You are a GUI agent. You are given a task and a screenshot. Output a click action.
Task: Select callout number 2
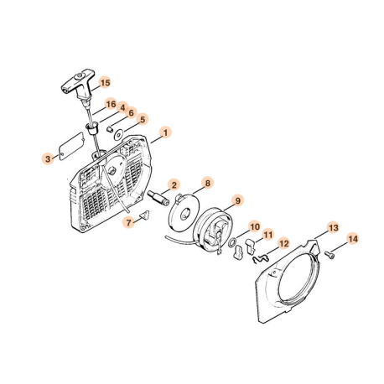[x=174, y=184]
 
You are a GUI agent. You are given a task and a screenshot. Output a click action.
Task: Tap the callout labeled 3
[x=50, y=157]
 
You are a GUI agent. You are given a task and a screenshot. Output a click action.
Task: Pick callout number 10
[x=255, y=226]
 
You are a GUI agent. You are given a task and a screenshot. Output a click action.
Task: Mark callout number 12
[x=283, y=244]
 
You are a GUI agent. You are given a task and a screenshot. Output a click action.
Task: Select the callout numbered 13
[x=332, y=227]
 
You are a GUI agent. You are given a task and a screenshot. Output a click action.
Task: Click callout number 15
[x=105, y=82]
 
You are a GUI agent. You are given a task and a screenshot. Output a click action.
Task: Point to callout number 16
[x=111, y=104]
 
